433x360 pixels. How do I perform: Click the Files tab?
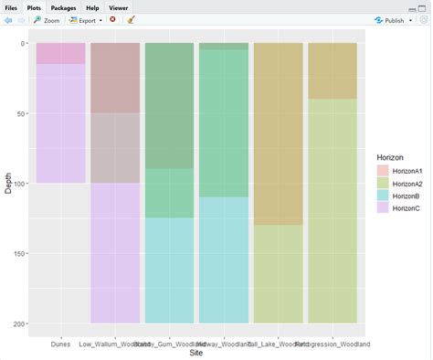pos(12,6)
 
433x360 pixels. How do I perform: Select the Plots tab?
pos(35,6)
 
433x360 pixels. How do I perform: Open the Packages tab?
pos(63,6)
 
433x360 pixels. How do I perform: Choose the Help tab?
pos(92,6)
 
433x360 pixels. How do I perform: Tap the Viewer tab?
pos(119,6)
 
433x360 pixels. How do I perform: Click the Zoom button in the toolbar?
pos(47,19)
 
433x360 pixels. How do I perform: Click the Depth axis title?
pos(8,183)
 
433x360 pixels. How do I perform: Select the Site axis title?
pos(195,353)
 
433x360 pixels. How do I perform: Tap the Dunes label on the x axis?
pos(60,344)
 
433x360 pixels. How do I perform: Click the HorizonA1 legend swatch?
pos(384,171)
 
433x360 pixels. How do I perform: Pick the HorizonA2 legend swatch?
pos(384,184)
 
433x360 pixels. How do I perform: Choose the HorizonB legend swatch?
pos(384,196)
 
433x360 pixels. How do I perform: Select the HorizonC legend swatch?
pos(384,208)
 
